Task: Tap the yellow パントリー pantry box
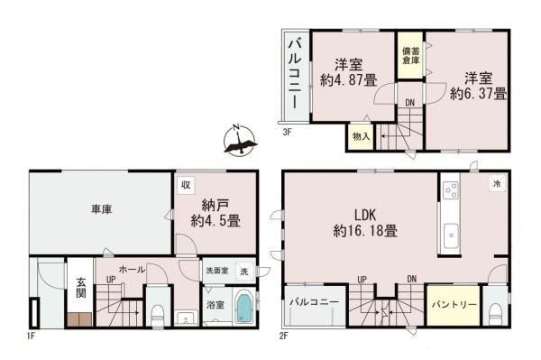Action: coord(453,306)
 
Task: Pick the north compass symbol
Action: coord(237,140)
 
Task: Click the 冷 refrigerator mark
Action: coord(495,184)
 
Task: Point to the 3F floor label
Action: coord(287,133)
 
